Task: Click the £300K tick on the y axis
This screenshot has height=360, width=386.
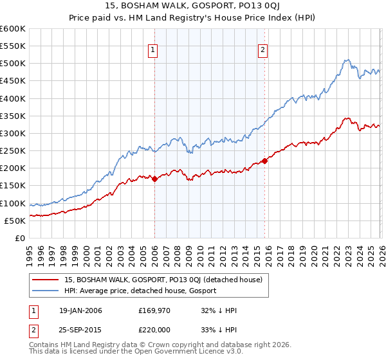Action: click(13, 133)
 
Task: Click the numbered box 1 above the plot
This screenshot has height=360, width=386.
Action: click(154, 51)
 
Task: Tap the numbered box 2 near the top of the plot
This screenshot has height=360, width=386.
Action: click(264, 51)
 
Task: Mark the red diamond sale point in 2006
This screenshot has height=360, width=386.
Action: click(154, 179)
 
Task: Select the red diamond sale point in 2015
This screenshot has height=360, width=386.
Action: click(264, 161)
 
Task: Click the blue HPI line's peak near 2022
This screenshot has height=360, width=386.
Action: click(346, 60)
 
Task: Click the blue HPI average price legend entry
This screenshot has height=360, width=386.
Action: click(140, 291)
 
